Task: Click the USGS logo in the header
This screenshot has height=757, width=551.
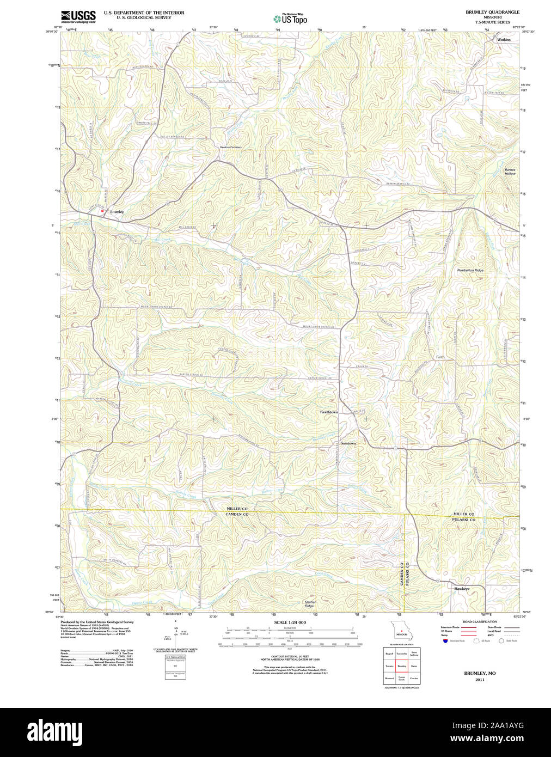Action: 78,16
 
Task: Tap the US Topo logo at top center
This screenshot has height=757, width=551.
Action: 290,19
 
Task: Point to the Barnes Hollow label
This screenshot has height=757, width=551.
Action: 510,172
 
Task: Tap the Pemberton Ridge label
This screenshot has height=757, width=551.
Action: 470,270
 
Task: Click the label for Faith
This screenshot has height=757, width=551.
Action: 440,357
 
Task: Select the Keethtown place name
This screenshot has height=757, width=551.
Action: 329,412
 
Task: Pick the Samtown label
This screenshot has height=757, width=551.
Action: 348,443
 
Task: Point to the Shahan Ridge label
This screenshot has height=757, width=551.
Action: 310,604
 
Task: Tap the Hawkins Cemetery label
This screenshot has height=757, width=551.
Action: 230,147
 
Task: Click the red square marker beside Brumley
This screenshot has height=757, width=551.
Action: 102,211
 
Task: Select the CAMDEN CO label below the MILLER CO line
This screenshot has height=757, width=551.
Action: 237,515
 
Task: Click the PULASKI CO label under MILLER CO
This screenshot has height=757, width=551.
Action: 464,520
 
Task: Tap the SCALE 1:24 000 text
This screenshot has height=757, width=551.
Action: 290,622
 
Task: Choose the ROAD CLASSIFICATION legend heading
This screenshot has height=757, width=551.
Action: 479,621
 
